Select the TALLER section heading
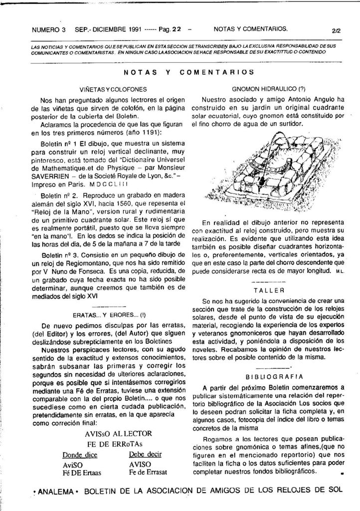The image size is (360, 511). [268, 290]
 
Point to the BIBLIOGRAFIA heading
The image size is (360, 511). [268, 376]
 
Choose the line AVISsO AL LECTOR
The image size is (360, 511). [118, 434]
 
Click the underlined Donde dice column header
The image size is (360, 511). [80, 455]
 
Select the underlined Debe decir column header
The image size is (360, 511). [145, 455]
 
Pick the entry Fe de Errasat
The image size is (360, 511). [148, 472]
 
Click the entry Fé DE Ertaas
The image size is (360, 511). [82, 473]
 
